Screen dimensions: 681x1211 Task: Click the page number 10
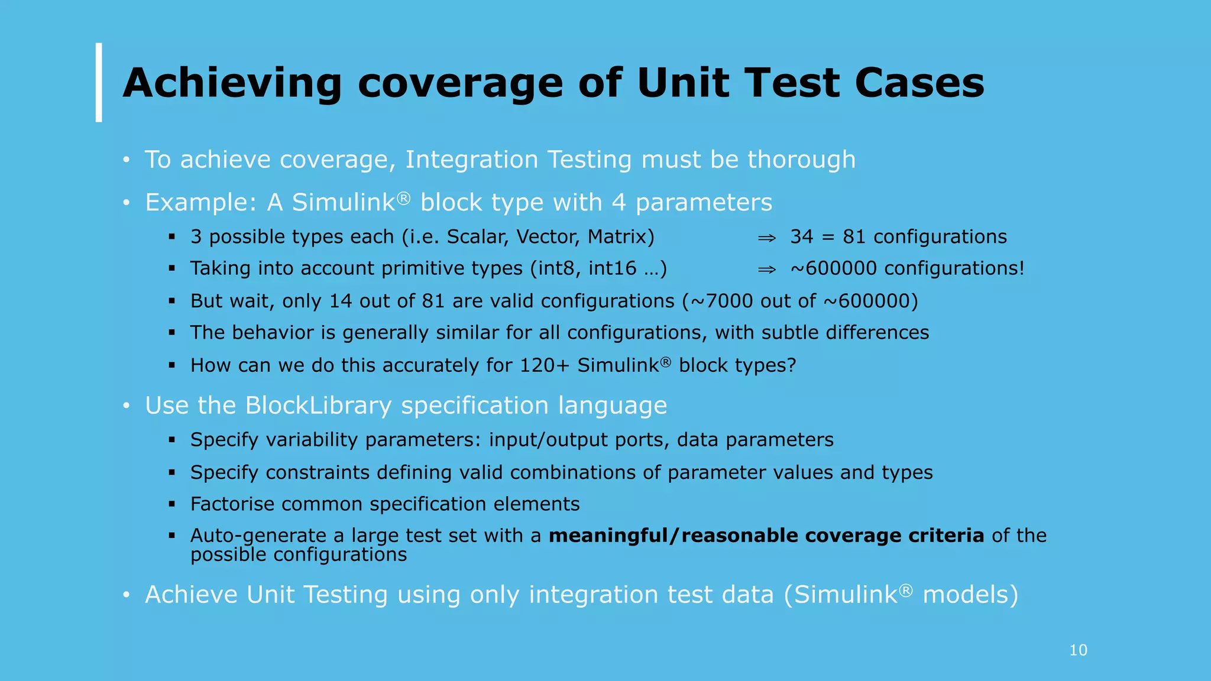(1078, 650)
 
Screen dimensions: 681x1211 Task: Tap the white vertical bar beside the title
(99, 82)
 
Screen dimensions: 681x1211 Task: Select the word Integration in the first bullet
(471, 160)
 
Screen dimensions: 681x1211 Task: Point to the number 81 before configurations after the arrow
(854, 236)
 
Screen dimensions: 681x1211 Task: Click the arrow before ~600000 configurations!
(767, 270)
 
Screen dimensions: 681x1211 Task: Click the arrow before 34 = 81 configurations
(767, 238)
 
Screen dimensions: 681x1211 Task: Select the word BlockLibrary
(318, 406)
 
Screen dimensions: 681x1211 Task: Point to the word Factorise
(231, 504)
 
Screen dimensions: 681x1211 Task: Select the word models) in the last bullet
(970, 595)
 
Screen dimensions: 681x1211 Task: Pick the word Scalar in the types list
(478, 236)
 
